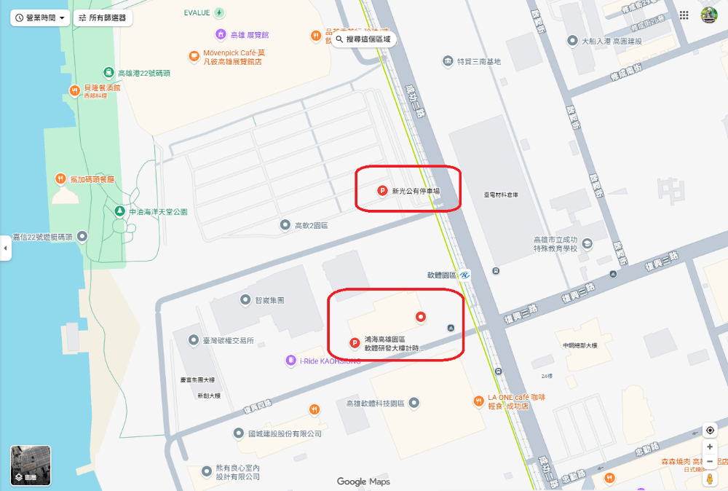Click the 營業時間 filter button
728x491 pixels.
(x=40, y=17)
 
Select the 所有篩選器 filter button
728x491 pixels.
(x=103, y=17)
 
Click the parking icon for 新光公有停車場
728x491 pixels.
(x=381, y=191)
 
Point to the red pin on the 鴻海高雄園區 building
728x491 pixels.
(x=419, y=316)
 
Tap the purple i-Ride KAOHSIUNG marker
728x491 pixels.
(x=291, y=360)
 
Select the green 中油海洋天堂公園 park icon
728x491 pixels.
(x=119, y=211)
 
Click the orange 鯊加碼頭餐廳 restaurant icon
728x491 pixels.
(x=60, y=178)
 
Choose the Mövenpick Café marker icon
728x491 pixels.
(x=194, y=56)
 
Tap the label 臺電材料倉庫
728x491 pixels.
(x=501, y=195)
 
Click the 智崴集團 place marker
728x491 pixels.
(x=245, y=300)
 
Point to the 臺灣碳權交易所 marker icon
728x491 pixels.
(x=193, y=340)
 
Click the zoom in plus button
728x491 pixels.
(x=710, y=447)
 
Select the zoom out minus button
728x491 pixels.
(x=710, y=461)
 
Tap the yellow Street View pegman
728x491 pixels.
(x=710, y=479)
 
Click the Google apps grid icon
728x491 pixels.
(x=684, y=15)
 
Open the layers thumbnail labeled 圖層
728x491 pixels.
(x=31, y=465)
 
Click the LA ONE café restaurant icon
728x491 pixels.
(x=478, y=401)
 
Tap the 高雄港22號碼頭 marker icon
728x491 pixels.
(x=108, y=72)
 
